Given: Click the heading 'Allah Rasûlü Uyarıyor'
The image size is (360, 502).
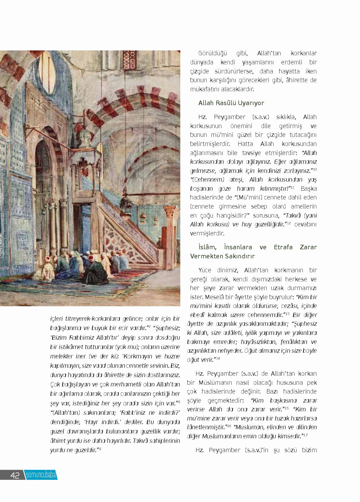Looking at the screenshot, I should click(231, 103).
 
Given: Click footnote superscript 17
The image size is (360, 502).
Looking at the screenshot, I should click(305, 435).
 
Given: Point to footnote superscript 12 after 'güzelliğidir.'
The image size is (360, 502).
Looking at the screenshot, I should click(289, 223).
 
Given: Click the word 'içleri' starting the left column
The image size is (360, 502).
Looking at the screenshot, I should click(56, 319).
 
